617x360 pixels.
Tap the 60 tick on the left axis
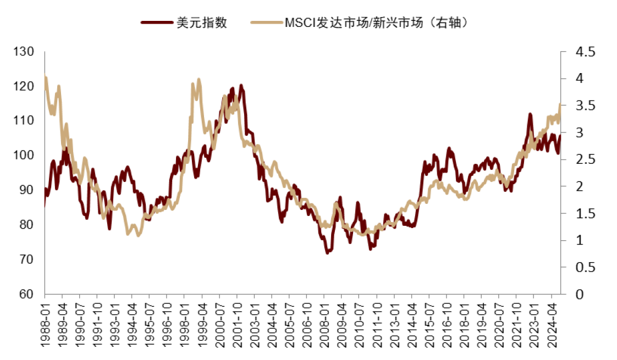[26, 294]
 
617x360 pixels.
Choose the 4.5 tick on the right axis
[585, 52]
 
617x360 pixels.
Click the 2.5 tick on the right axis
[585, 159]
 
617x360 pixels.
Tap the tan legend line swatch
[266, 23]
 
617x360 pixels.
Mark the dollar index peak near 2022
[530, 115]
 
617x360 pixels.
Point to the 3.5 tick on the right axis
[585, 106]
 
